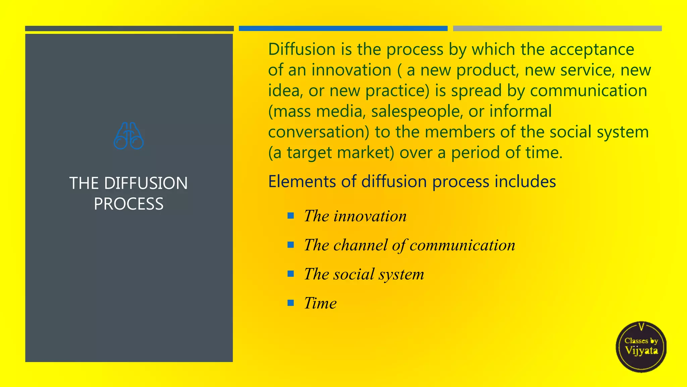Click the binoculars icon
click(129, 136)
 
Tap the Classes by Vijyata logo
click(641, 347)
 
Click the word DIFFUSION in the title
click(146, 183)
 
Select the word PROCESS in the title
click(129, 204)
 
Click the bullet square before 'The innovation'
click(291, 216)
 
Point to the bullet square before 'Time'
click(291, 303)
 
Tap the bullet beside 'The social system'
click(291, 274)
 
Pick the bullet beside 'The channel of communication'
click(291, 245)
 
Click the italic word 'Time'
click(320, 303)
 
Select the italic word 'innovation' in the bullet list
click(370, 216)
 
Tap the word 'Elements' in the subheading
click(302, 181)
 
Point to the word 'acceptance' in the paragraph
click(592, 50)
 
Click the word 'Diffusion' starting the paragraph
click(302, 49)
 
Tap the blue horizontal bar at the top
click(343, 29)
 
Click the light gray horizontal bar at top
click(557, 29)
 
